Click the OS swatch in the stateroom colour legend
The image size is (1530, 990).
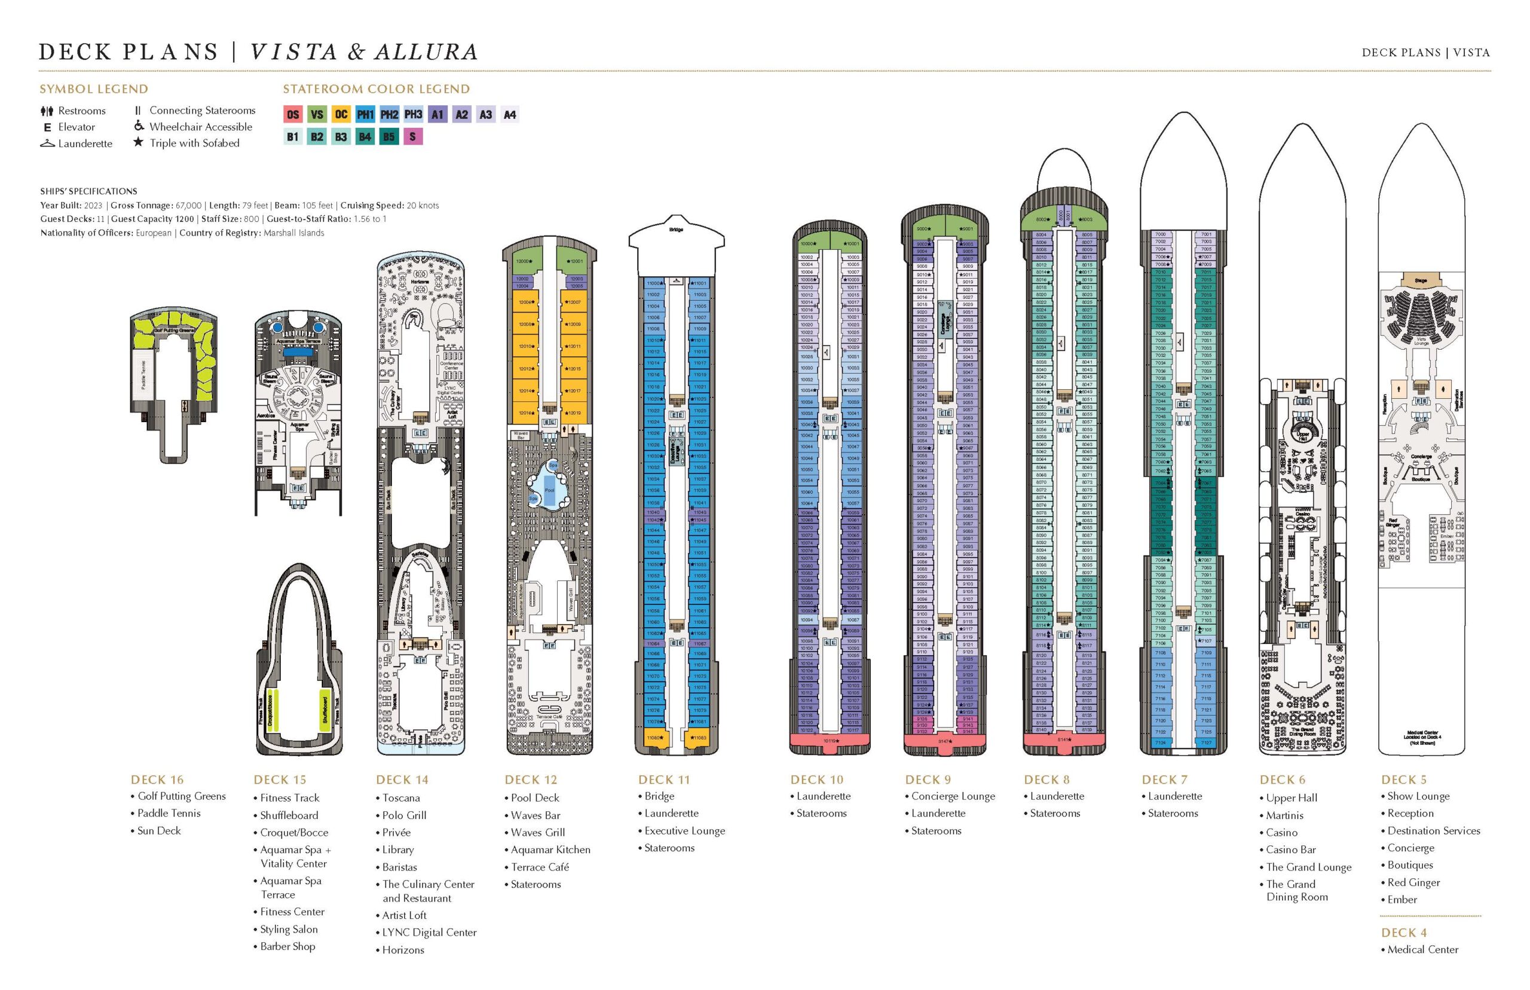pos(293,114)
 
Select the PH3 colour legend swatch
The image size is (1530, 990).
pos(413,114)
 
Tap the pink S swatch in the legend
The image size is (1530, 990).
pos(412,136)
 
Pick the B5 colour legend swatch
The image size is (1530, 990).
pos(388,136)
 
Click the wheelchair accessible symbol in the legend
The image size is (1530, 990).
pos(139,126)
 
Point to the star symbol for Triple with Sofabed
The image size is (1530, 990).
pos(138,142)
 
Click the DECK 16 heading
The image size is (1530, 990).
pos(157,780)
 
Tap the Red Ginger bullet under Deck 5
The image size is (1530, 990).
pos(1413,882)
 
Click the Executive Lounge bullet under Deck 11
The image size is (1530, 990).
pos(684,830)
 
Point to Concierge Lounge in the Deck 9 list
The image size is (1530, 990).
pos(952,796)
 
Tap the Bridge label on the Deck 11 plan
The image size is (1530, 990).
pos(676,230)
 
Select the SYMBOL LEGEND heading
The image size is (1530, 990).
pos(94,88)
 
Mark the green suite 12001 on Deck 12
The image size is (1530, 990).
pos(575,261)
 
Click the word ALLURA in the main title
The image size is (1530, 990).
pos(426,51)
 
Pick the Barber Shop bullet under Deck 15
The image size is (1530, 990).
pos(287,946)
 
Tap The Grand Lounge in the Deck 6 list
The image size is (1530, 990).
pos(1308,867)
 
